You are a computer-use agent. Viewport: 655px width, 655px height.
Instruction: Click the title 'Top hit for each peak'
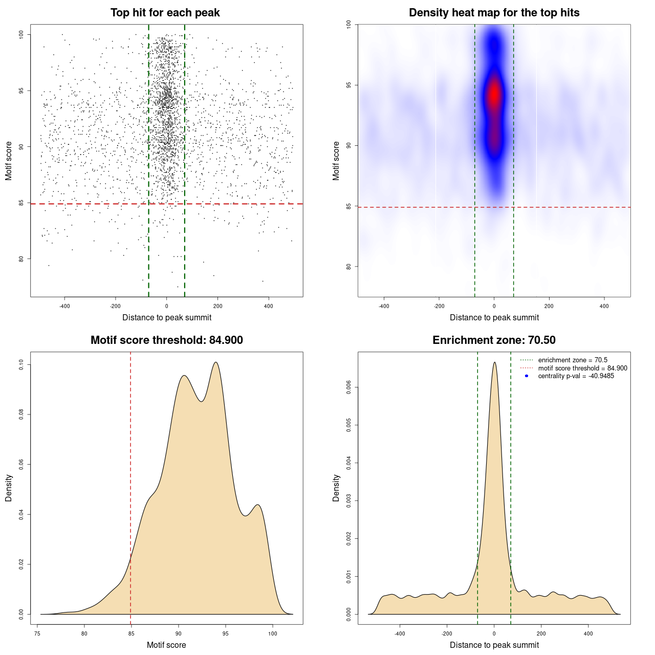pos(165,13)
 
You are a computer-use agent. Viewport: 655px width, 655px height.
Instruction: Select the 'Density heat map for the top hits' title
pos(494,13)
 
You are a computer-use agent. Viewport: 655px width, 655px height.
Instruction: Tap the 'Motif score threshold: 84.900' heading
pos(166,340)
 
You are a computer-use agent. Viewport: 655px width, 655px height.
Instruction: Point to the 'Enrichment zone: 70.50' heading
pos(494,340)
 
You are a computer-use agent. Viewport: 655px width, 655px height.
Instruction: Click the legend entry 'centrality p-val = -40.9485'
pos(576,376)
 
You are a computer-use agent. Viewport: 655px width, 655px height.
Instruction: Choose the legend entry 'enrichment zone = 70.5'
pos(573,360)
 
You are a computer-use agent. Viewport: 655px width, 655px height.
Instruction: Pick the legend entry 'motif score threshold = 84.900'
pos(582,368)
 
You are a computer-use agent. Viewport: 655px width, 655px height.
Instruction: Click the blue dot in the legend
pos(527,376)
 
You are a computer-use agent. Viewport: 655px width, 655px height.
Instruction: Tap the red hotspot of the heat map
pos(494,95)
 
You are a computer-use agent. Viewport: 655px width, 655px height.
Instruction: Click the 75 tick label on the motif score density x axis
pos(37,634)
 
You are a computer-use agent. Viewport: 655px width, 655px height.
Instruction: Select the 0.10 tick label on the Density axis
pos(21,364)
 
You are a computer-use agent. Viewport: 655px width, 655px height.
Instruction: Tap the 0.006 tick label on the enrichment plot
pos(348,387)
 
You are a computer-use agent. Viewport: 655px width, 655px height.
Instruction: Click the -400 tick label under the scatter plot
pos(64,306)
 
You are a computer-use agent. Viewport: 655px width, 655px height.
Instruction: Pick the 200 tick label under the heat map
pos(549,306)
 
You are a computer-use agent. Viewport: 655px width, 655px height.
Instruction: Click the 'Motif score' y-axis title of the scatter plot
pos(9,161)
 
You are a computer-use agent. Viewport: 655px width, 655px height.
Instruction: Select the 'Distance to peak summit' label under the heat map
pos(494,318)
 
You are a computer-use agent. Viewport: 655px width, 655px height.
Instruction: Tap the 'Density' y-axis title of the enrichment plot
pos(336,488)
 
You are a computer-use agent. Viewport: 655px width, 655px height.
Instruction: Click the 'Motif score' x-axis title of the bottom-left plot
pos(166,645)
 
